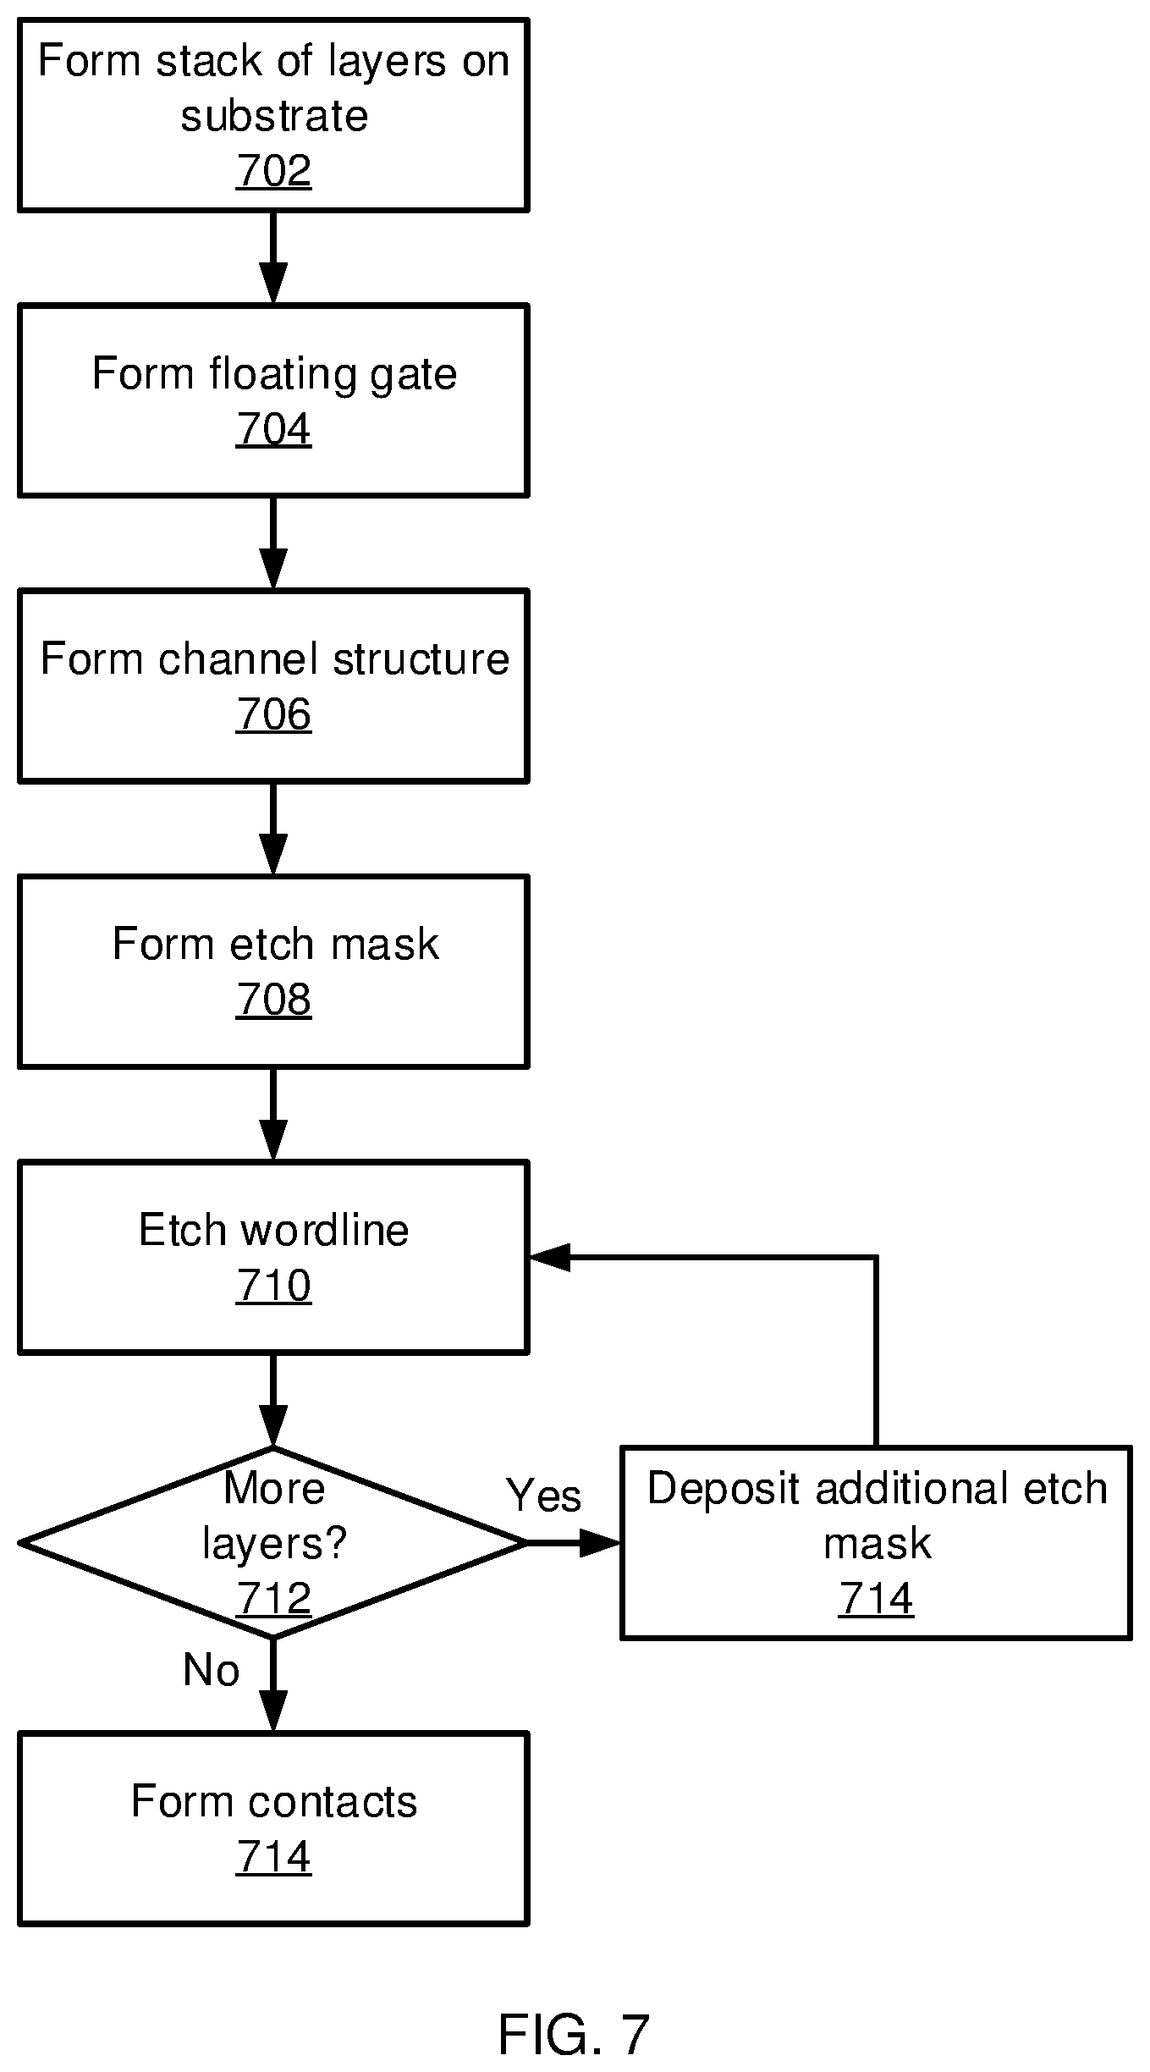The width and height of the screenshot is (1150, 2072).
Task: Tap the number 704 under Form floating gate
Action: point(273,429)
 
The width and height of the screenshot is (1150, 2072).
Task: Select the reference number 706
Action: point(273,714)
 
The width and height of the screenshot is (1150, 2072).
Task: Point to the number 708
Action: point(273,1000)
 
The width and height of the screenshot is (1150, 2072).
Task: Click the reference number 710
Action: point(273,1286)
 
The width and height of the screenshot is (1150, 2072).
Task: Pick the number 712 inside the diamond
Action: point(273,1599)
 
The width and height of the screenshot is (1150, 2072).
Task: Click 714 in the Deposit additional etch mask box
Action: point(876,1600)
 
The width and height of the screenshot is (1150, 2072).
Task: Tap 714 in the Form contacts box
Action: point(273,1857)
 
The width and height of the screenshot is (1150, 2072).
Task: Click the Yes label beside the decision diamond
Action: point(543,1496)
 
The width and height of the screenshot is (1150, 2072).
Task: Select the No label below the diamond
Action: point(212,1671)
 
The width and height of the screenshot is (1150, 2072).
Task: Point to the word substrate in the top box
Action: point(274,116)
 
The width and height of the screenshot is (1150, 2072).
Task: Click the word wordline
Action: point(325,1230)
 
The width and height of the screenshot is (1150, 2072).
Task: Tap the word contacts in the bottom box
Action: point(333,1802)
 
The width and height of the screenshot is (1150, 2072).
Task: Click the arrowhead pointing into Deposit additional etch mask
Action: point(601,1543)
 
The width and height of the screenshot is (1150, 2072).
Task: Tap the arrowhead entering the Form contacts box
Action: point(273,1711)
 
